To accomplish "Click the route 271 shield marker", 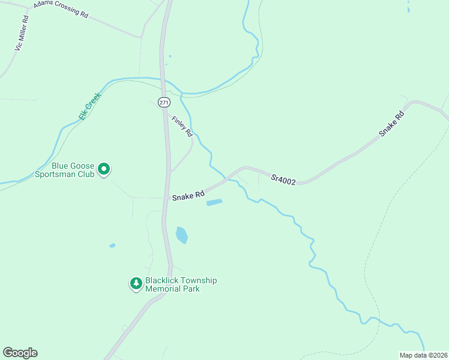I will pyautogui.click(x=164, y=103).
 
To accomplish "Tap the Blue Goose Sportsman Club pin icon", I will pyautogui.click(x=104, y=170).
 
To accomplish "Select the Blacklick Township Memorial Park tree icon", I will pyautogui.click(x=136, y=283).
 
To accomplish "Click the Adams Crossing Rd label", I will pyautogui.click(x=61, y=9).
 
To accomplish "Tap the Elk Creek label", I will pyautogui.click(x=87, y=106).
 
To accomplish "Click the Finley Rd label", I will pyautogui.click(x=181, y=125).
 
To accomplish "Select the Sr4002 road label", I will pyautogui.click(x=283, y=179).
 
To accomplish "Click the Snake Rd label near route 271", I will pyautogui.click(x=188, y=196).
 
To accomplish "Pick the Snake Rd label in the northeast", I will pyautogui.click(x=393, y=124).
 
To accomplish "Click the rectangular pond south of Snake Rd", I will pyautogui.click(x=214, y=202).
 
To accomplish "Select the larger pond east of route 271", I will pyautogui.click(x=182, y=235).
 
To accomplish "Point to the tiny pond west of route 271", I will pyautogui.click(x=112, y=245).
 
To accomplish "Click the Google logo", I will pyautogui.click(x=20, y=353).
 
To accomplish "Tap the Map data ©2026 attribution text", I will pyautogui.click(x=423, y=355).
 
